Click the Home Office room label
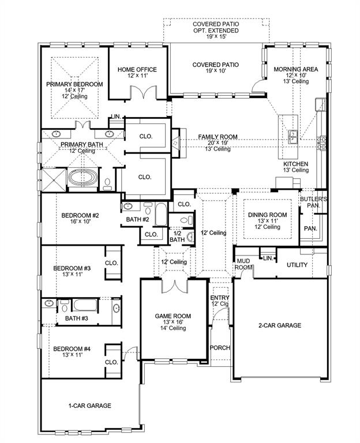pyautogui.click(x=137, y=70)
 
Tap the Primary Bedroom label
pyautogui.click(x=75, y=84)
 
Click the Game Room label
pyautogui.click(x=173, y=316)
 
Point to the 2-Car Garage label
pyautogui.click(x=279, y=325)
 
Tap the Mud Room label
pyautogui.click(x=242, y=264)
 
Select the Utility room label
pyautogui.click(x=297, y=265)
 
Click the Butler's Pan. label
pyautogui.click(x=313, y=202)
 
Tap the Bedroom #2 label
pyautogui.click(x=81, y=216)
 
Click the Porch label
pyautogui.click(x=220, y=348)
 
